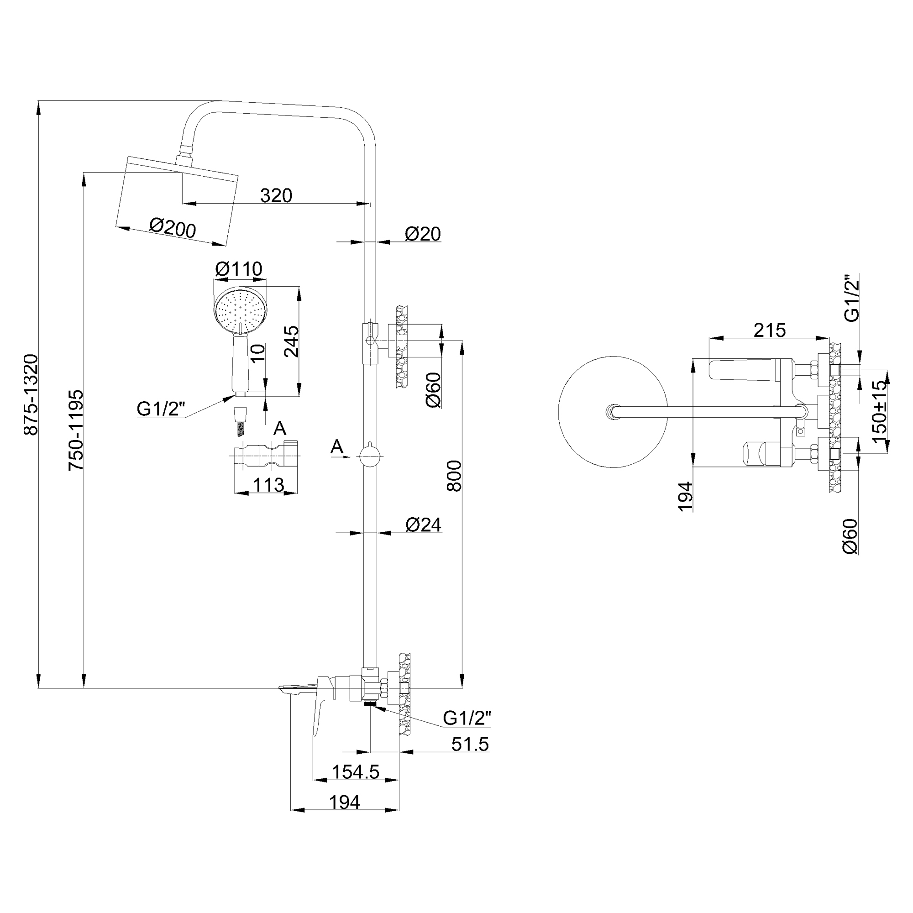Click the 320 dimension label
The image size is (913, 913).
pos(276,195)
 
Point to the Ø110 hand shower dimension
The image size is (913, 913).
pos(239,269)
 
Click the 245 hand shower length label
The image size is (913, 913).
pos(291,341)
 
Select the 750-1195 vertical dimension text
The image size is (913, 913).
pos(76,430)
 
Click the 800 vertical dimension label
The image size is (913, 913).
pos(454,476)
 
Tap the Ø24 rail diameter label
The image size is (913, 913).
pos(424,525)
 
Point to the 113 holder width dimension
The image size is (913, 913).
pos(268,485)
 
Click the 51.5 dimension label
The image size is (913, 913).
pos(470,744)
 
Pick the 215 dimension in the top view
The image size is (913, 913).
pos(769,331)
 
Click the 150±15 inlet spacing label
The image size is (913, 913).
pos(880,412)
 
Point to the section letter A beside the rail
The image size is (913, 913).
pos(336,446)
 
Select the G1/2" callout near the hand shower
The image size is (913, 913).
pos(161,409)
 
